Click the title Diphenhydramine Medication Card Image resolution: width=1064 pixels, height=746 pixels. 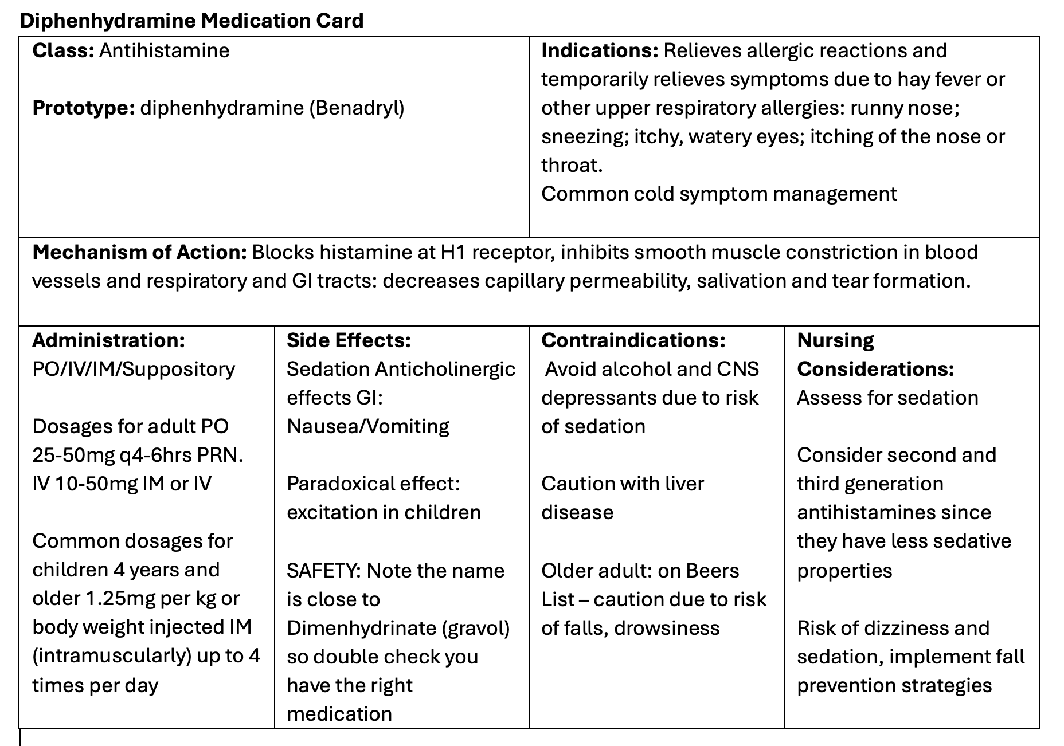191,21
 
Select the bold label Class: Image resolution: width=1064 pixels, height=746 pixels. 63,50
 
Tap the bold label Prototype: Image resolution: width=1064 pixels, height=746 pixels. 83,108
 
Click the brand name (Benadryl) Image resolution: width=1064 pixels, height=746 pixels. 357,108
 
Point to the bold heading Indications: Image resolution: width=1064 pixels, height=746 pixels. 600,50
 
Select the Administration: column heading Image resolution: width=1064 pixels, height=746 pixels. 108,340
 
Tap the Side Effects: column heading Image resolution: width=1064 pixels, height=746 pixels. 349,340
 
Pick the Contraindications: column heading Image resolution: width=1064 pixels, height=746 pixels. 633,340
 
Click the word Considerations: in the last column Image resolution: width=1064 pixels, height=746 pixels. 875,369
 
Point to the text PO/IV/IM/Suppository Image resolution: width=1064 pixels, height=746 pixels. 134,369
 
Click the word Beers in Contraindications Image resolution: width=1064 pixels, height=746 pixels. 713,571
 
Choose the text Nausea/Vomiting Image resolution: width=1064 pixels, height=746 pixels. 367,426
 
